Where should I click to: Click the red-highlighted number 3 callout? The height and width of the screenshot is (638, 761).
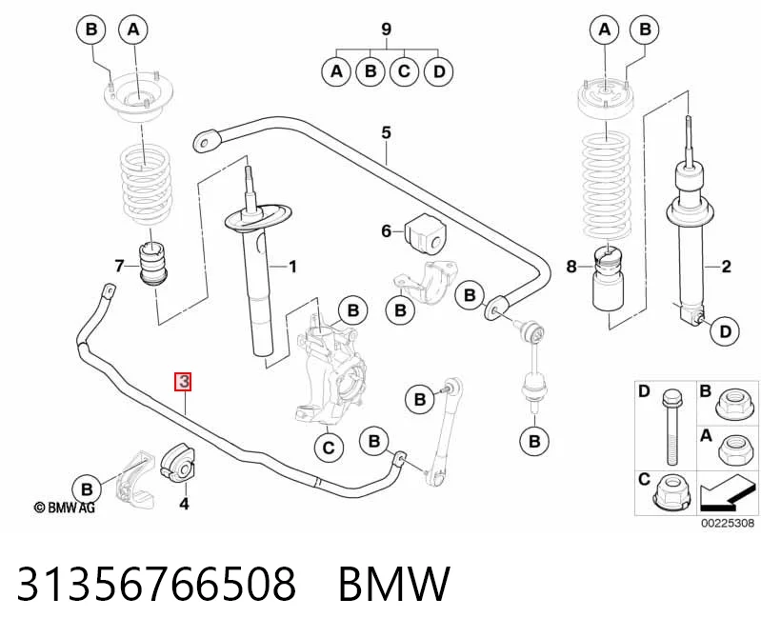pyautogui.click(x=184, y=381)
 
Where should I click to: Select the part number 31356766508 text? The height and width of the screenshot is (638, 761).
pyautogui.click(x=156, y=583)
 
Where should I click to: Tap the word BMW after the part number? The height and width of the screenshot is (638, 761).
pyautogui.click(x=394, y=583)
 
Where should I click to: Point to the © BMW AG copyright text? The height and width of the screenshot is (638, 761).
pyautogui.click(x=64, y=508)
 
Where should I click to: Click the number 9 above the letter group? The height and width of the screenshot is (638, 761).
pyautogui.click(x=386, y=30)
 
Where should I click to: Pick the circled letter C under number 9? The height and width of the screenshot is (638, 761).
pyautogui.click(x=404, y=71)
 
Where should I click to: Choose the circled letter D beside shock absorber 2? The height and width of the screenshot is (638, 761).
pyautogui.click(x=725, y=331)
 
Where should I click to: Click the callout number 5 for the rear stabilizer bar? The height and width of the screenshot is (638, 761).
pyautogui.click(x=386, y=132)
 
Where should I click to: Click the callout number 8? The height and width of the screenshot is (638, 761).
pyautogui.click(x=571, y=266)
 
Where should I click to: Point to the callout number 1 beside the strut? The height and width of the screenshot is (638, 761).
pyautogui.click(x=292, y=266)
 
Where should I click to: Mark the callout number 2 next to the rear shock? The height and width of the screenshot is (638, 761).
pyautogui.click(x=726, y=266)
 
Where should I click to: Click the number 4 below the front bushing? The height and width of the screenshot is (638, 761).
pyautogui.click(x=184, y=504)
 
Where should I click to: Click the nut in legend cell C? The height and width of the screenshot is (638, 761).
pyautogui.click(x=672, y=491)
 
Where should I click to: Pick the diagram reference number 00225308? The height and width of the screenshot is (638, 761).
pyautogui.click(x=727, y=523)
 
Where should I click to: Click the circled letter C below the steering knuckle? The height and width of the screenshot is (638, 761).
pyautogui.click(x=329, y=447)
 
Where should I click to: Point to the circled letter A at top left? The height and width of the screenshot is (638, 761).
pyautogui.click(x=133, y=30)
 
